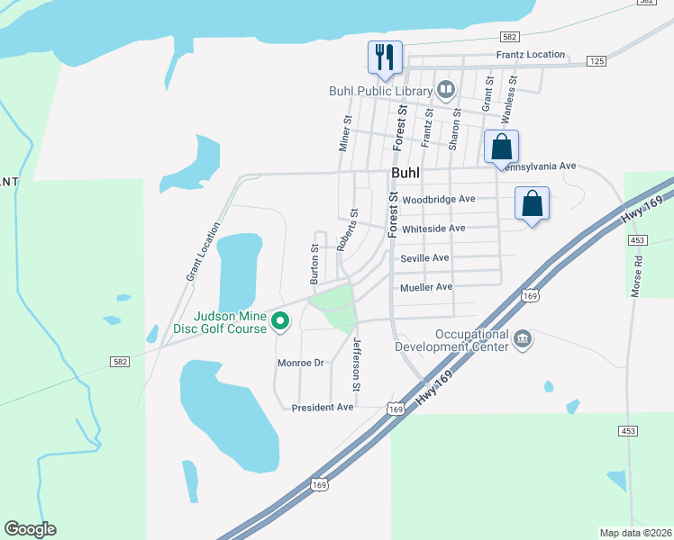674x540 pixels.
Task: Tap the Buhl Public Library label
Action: [379, 90]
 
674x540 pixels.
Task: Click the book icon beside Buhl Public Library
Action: [445, 89]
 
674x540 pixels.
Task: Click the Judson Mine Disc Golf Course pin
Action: [280, 319]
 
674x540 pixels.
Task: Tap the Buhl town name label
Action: [407, 173]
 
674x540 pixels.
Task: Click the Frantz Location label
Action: [531, 55]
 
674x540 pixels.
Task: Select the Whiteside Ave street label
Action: [433, 229]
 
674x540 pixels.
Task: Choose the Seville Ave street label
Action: [424, 258]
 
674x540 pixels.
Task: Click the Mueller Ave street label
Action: [426, 287]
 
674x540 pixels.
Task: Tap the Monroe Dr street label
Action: [300, 363]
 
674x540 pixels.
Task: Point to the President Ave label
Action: [323, 408]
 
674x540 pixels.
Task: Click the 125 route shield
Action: [596, 60]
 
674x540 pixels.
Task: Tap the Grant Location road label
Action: [203, 251]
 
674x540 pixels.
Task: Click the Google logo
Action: [30, 529]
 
